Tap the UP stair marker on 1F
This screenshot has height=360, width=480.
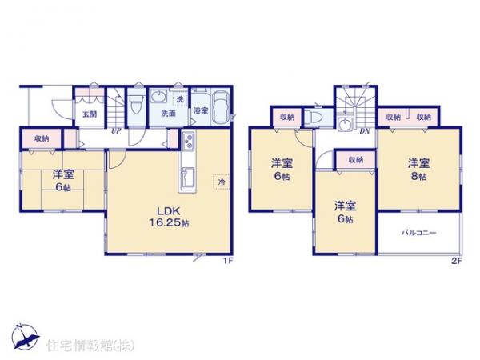point(117,130)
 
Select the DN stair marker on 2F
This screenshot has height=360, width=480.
point(364,131)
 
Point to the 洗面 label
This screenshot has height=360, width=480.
point(168,114)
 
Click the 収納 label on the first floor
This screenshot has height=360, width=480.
point(42,138)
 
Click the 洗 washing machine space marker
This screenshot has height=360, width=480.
point(179,99)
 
